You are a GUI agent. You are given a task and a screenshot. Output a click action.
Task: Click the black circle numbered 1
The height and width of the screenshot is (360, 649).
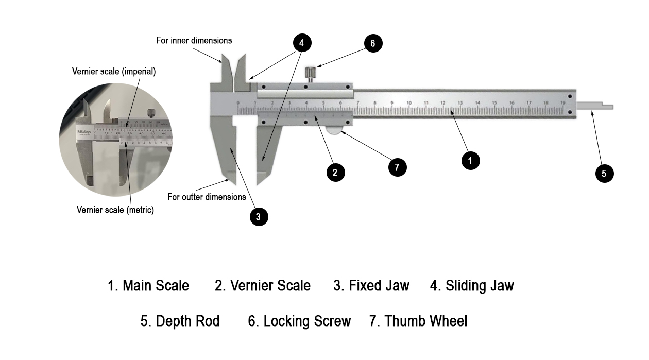(470, 160)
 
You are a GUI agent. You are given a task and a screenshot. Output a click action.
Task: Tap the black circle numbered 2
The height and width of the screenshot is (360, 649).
(335, 172)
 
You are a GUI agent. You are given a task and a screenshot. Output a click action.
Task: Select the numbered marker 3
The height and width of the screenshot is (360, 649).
(259, 217)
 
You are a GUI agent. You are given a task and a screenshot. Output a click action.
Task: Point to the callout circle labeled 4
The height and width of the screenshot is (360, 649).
(302, 43)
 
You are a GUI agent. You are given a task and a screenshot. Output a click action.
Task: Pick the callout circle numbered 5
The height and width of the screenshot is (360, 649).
(604, 173)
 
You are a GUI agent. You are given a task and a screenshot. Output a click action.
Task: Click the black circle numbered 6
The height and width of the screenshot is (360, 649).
(373, 43)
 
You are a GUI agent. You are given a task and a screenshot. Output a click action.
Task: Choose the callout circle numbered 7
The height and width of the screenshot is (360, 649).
(397, 167)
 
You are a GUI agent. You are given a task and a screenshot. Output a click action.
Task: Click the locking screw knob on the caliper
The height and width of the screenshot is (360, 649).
(311, 73)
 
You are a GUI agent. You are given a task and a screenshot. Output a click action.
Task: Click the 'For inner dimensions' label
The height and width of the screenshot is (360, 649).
(194, 40)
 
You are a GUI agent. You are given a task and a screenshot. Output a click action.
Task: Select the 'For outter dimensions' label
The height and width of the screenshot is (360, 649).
(207, 197)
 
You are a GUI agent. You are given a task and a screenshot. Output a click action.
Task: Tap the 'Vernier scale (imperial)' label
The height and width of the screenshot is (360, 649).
(114, 72)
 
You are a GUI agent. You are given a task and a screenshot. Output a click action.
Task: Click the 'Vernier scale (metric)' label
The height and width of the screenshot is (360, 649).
(115, 210)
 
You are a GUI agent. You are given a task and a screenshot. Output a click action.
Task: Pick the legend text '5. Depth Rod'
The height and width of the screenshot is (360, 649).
(180, 321)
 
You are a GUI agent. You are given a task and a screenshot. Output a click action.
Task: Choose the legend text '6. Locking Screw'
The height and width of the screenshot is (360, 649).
(299, 321)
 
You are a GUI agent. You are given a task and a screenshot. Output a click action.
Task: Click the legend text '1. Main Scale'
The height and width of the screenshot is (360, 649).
(148, 285)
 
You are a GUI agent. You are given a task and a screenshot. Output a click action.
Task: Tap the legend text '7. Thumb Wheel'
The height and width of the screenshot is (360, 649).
(418, 321)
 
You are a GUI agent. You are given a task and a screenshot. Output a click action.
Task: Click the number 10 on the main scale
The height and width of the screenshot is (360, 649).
(409, 103)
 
